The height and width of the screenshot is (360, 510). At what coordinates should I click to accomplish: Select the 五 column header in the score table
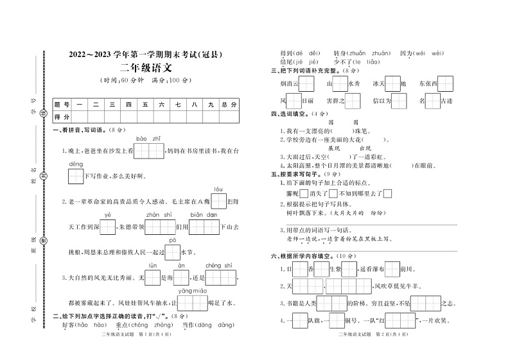[x=145, y=104]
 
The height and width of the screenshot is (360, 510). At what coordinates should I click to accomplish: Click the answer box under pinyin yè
[x=108, y=227]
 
